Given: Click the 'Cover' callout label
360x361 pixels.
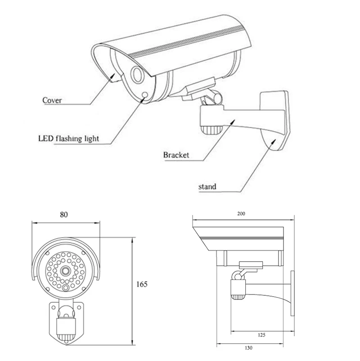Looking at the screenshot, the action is (x=52, y=100).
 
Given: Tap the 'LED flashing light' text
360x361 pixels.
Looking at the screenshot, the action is (x=68, y=138).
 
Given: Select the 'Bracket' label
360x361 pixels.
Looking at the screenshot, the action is (x=176, y=155).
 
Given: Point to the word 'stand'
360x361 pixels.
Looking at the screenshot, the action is (x=207, y=186).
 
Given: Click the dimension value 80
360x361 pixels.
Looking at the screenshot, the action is (x=64, y=214).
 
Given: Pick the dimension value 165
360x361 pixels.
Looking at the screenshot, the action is (x=142, y=284).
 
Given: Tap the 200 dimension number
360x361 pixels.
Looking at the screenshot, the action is (x=241, y=214).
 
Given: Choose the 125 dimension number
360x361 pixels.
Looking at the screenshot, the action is (x=261, y=335).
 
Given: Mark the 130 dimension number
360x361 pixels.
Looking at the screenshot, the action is (x=248, y=348).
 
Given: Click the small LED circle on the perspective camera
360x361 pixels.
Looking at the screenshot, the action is (x=145, y=95).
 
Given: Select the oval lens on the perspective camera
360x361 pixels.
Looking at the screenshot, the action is (x=136, y=74).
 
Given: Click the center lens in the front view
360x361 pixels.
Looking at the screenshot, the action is (x=65, y=271).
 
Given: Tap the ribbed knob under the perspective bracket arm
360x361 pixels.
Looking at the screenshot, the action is (x=210, y=130).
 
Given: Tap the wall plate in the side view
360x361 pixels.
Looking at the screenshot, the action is (x=292, y=294).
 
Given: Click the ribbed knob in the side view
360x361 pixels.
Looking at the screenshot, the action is (x=238, y=297).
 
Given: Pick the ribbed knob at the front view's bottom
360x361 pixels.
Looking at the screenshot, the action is (x=66, y=337).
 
